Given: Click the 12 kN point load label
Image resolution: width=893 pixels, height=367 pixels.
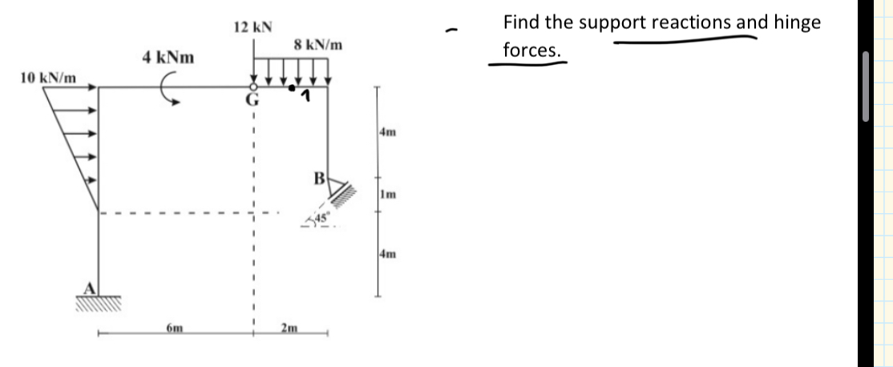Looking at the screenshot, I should (253, 26).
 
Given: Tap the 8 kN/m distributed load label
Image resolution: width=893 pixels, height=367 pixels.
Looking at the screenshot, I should (319, 45).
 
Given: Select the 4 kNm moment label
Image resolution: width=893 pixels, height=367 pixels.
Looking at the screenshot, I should (168, 58).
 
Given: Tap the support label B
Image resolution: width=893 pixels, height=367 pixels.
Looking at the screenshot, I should (318, 178).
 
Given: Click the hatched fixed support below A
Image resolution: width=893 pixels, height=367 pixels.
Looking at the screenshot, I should (99, 303).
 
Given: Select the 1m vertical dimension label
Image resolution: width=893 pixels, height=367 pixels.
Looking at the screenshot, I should (388, 195).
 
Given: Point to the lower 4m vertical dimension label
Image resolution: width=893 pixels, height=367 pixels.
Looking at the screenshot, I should (388, 255).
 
